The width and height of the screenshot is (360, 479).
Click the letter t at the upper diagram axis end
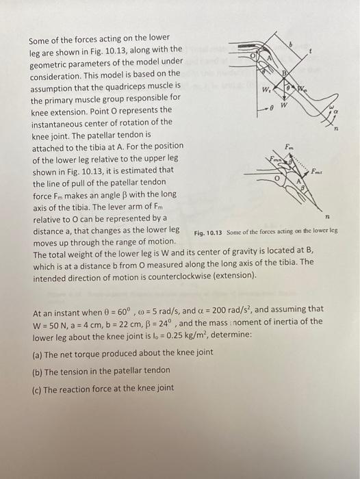pyautogui.click(x=311, y=51)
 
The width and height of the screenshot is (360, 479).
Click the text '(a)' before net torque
pyautogui.click(x=39, y=352)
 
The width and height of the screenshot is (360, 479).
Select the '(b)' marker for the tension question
pyautogui.click(x=39, y=370)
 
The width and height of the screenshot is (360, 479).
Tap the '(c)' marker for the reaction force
pyautogui.click(x=39, y=388)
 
